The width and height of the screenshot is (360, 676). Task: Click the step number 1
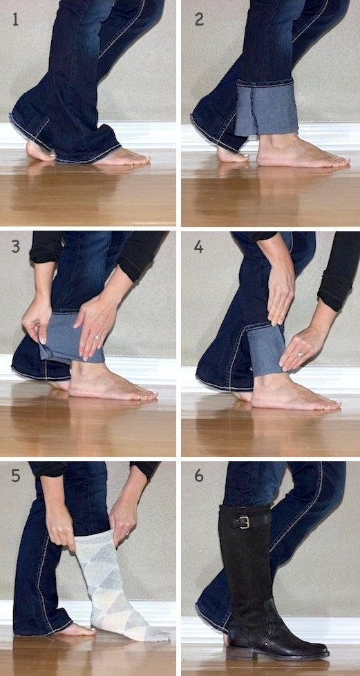(15, 19)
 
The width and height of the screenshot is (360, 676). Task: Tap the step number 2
(199, 19)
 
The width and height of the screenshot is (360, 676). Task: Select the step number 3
(15, 247)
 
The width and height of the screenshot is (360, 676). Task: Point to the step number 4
(198, 247)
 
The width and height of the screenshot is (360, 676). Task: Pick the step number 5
(15, 476)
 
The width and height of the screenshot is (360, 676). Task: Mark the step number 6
(198, 476)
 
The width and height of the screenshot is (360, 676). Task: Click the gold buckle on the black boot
(245, 522)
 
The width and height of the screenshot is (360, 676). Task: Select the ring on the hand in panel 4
(301, 354)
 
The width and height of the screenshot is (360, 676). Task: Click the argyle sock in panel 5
(115, 587)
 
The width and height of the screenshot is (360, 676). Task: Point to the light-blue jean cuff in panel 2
(266, 108)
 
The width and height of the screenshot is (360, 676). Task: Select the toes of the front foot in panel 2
(336, 162)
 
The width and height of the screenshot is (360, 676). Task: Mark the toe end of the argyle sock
(160, 635)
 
